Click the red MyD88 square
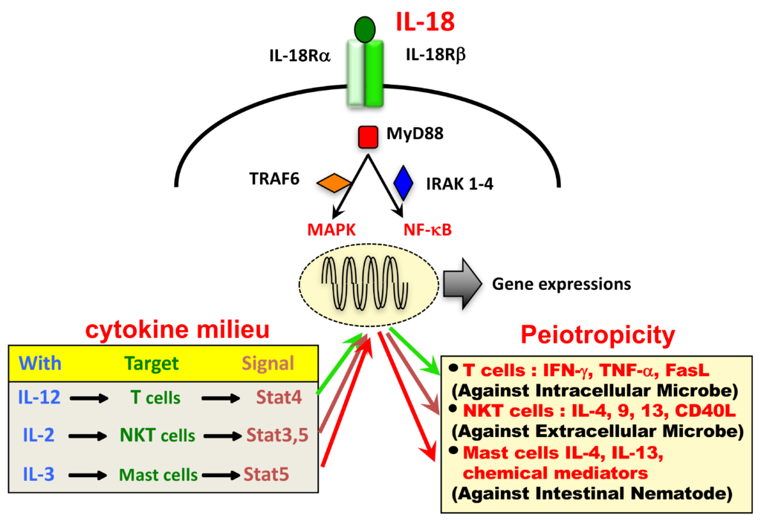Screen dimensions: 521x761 [x=368, y=137]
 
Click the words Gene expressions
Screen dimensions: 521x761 [x=561, y=284]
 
